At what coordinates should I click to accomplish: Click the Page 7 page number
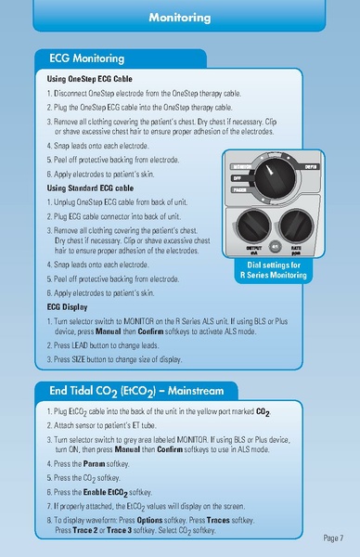click(334, 537)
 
